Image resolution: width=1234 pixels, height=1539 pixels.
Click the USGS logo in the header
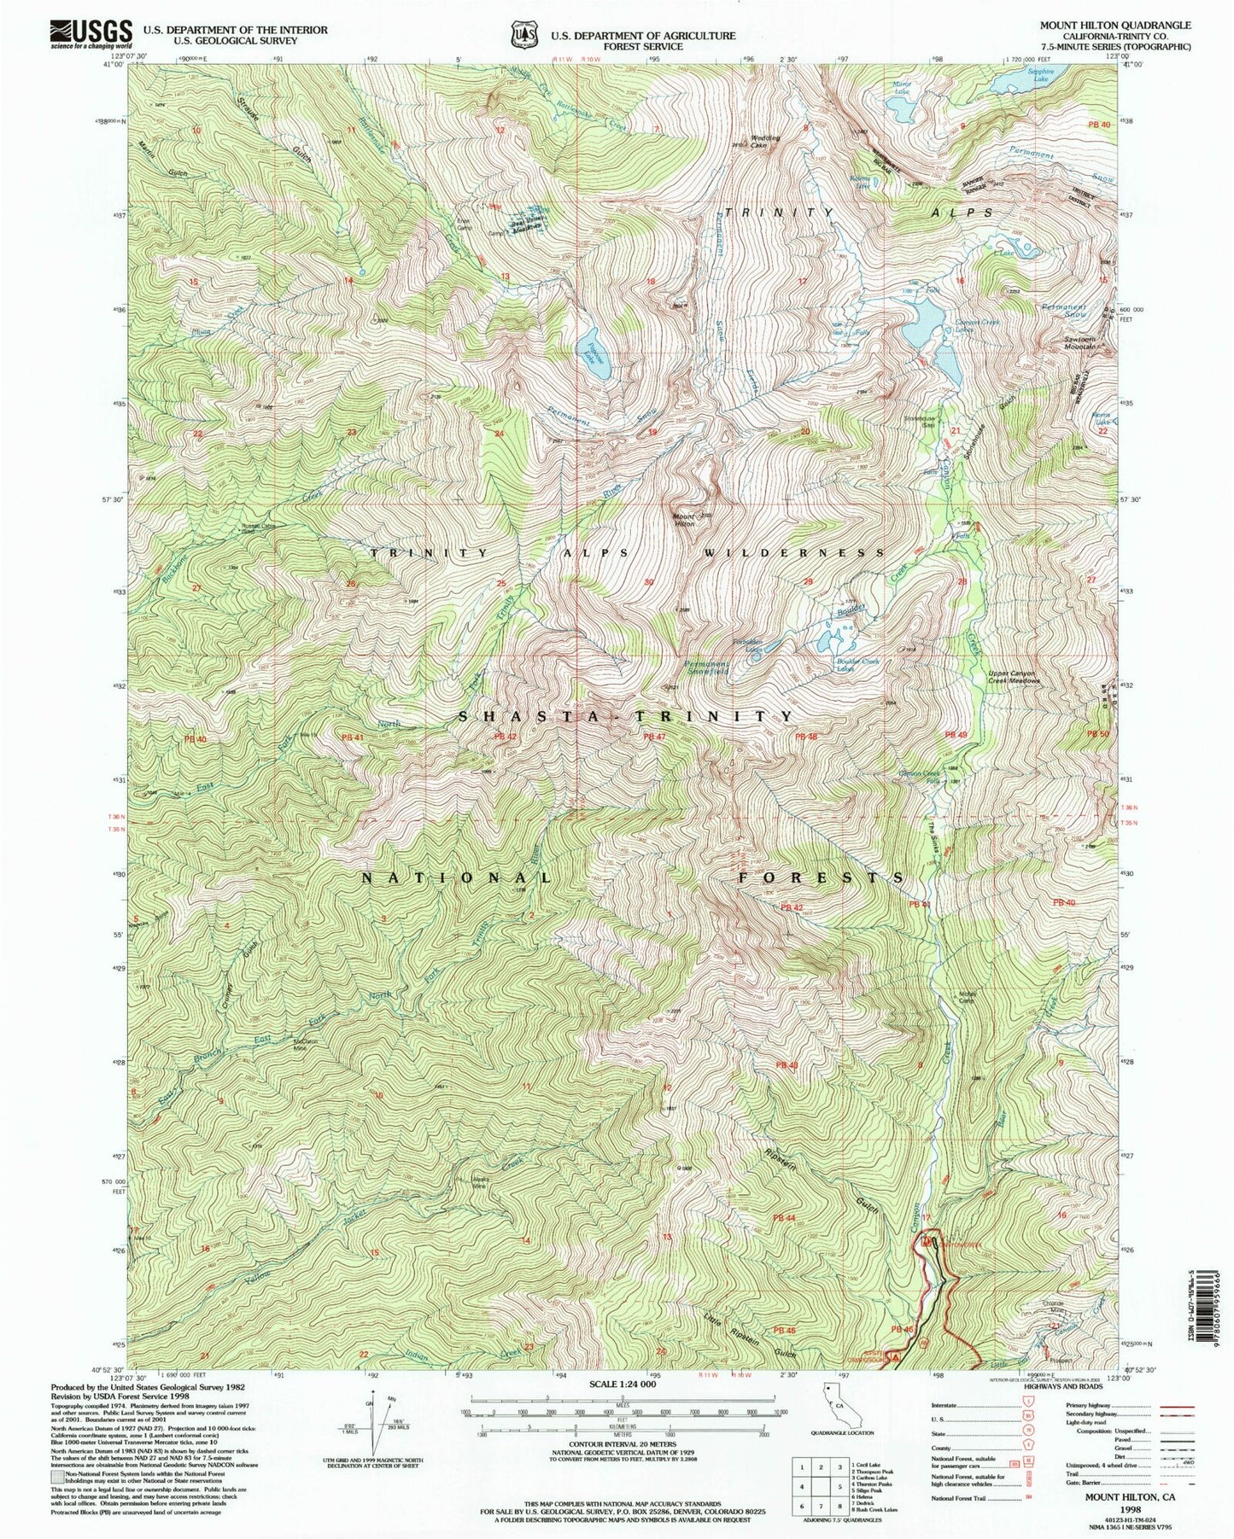pos(92,32)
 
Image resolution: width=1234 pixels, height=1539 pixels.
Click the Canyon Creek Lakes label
pos(976,325)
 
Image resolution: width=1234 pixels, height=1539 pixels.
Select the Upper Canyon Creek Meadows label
pos(1014,677)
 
